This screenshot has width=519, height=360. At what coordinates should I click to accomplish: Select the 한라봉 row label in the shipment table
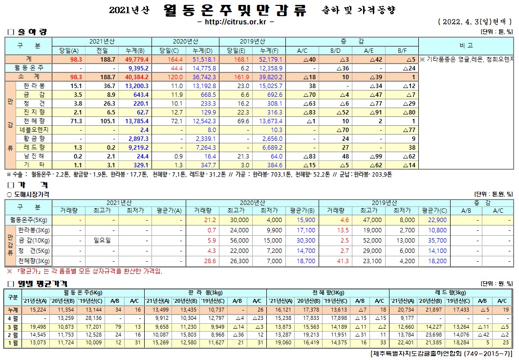[x=34, y=86]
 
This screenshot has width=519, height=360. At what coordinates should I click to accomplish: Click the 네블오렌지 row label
[x=34, y=130]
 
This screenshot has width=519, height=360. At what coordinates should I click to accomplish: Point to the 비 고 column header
[x=466, y=45]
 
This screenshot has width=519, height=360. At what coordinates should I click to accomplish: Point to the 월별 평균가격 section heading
[x=39, y=284]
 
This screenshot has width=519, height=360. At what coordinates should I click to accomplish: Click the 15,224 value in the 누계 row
[x=38, y=310]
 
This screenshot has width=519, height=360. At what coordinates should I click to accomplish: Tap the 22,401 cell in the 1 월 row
[x=406, y=342]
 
